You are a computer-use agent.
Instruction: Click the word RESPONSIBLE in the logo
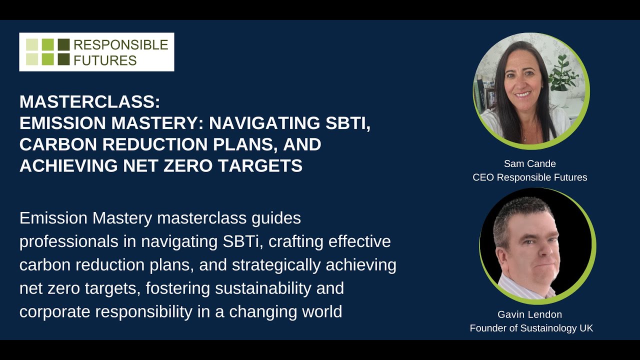pyautogui.click(x=120, y=45)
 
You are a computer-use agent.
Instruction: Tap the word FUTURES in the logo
pyautogui.click(x=104, y=60)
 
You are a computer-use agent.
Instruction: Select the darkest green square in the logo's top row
pyautogui.click(x=63, y=44)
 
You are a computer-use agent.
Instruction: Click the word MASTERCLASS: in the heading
pyautogui.click(x=90, y=102)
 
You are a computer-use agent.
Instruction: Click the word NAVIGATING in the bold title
pyautogui.click(x=263, y=123)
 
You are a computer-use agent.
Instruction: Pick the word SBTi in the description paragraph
pyautogui.click(x=242, y=241)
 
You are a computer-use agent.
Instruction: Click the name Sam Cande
pyautogui.click(x=530, y=163)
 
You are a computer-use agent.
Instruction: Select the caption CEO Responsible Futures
pyautogui.click(x=530, y=177)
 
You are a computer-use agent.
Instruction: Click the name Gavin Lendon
pyautogui.click(x=530, y=314)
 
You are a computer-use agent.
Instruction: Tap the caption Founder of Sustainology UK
pyautogui.click(x=531, y=328)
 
